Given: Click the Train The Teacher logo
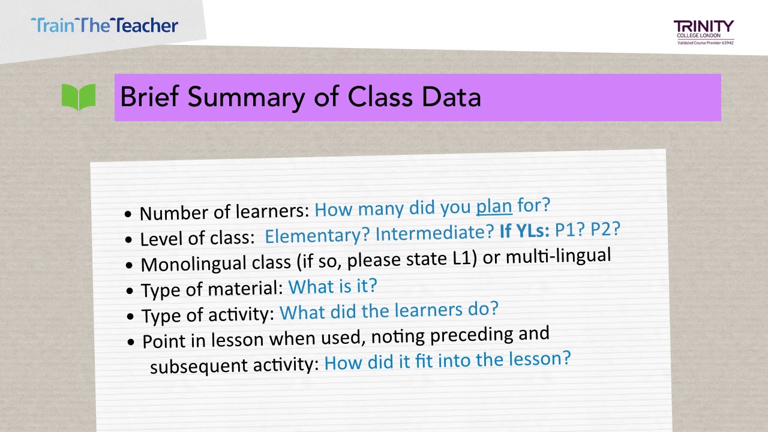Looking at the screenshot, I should (x=104, y=25).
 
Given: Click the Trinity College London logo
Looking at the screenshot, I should (x=704, y=31).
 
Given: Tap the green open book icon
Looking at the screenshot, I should (x=79, y=97).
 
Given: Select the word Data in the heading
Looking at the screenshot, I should (x=451, y=97).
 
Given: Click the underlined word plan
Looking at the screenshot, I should (x=494, y=206).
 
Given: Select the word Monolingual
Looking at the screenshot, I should (x=185, y=263).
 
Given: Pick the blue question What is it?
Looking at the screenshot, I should (x=332, y=286).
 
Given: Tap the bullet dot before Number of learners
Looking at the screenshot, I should (x=128, y=214).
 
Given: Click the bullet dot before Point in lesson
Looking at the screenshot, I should (x=131, y=342).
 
